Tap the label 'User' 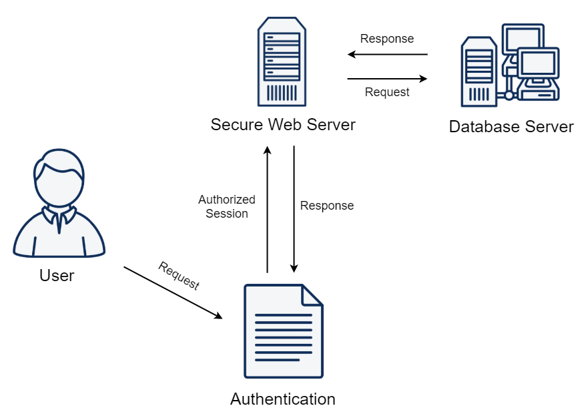point(57,275)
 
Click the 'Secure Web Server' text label point(283,125)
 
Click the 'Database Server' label point(511,127)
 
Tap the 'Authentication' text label point(283,399)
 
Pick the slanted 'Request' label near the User point(179,275)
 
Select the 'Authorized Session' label point(227,206)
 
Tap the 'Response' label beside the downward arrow point(327,206)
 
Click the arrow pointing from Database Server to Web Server point(387,55)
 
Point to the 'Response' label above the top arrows point(387,39)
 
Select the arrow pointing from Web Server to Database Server point(387,79)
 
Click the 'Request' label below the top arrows point(387,93)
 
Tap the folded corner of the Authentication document point(312,294)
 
